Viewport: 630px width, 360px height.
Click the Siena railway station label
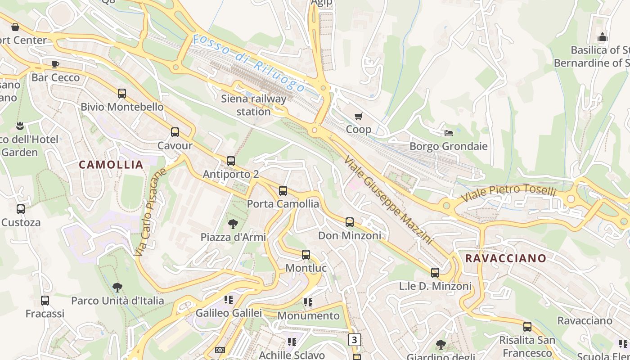253,105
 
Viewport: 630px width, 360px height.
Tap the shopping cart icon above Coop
358,117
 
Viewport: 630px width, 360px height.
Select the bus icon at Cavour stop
175,132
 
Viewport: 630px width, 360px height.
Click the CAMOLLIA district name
111,165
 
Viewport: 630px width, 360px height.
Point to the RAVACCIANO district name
506,258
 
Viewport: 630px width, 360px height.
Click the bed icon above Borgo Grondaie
449,133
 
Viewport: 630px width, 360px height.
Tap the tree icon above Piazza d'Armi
233,224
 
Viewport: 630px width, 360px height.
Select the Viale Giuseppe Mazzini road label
388,200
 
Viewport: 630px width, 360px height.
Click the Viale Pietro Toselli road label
508,193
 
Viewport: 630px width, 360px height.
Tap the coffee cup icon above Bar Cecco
55,64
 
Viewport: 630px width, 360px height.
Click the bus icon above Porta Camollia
283,191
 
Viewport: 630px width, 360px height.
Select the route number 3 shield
355,340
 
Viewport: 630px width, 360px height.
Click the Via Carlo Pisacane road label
150,212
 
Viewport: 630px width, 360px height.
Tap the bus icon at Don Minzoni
350,222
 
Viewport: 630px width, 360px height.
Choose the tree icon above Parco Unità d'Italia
117,287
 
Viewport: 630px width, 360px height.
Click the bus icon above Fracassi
45,300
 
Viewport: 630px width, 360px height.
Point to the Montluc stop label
306,268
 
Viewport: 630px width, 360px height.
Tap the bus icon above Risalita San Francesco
527,326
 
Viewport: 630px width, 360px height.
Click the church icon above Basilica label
603,37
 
